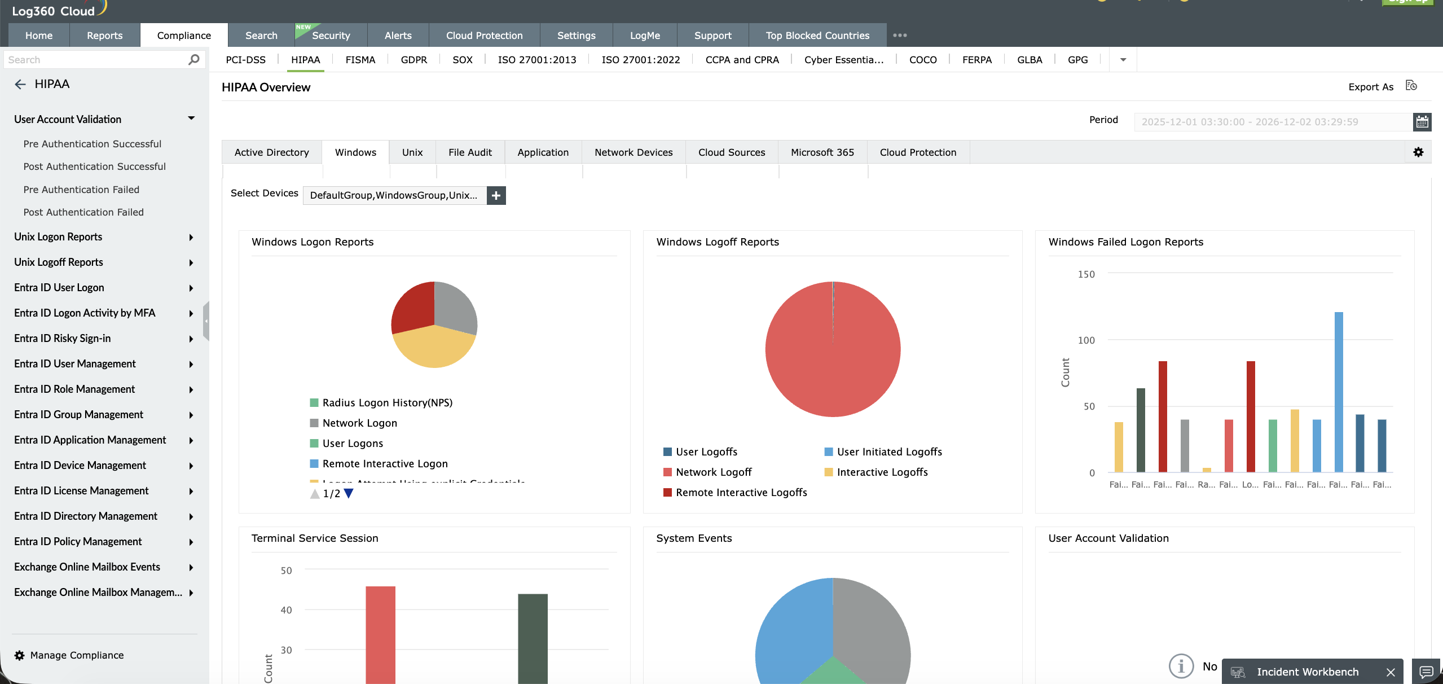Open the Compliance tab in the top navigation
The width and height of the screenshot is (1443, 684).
tap(184, 36)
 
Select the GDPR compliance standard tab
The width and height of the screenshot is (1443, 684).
tap(413, 60)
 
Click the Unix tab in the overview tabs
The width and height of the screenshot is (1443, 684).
tap(412, 152)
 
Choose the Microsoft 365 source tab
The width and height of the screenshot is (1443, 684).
tap(822, 152)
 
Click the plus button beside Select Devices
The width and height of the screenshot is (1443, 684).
tap(496, 195)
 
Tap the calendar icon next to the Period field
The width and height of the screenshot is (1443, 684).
tap(1422, 122)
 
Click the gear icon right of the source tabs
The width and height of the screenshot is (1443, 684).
tap(1418, 152)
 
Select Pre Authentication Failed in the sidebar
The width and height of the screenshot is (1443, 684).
tap(81, 190)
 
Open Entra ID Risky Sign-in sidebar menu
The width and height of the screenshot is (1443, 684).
tap(62, 339)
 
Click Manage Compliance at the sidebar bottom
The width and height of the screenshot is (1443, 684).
tap(77, 655)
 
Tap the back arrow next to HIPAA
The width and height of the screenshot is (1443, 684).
tap(20, 85)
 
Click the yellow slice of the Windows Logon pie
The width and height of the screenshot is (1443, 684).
tap(433, 349)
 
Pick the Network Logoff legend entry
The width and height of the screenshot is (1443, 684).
tap(713, 472)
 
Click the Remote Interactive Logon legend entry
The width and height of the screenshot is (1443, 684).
tap(385, 464)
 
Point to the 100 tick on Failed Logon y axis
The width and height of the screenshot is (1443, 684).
tap(1086, 340)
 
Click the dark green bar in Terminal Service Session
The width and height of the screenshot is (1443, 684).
tap(533, 638)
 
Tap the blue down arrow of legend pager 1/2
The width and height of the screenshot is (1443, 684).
tap(349, 493)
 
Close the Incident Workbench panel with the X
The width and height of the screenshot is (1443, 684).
tap(1391, 672)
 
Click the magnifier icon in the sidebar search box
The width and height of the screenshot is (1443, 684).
tap(193, 60)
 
